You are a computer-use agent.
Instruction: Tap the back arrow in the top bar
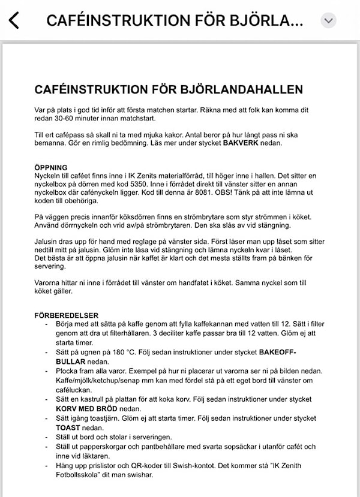13,20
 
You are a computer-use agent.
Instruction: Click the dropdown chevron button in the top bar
328,20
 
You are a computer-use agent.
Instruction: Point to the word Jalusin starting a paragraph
47,240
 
